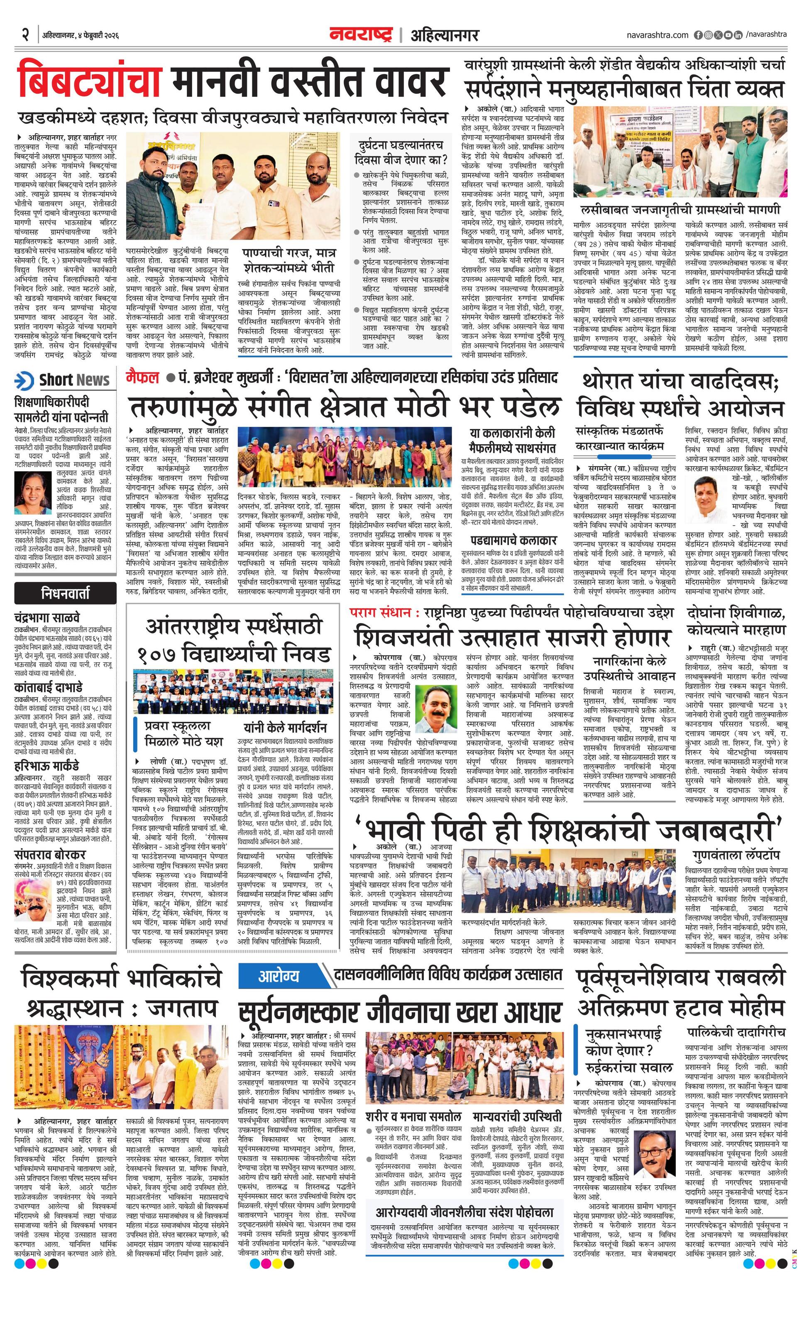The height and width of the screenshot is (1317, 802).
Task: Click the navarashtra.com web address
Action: (x=658, y=35)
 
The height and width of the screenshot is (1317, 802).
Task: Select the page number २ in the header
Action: (x=24, y=35)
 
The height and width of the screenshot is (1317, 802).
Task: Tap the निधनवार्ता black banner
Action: (x=65, y=593)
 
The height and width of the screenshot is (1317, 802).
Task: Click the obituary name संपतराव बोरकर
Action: (x=50, y=854)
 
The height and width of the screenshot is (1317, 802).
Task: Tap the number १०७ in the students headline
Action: (x=158, y=654)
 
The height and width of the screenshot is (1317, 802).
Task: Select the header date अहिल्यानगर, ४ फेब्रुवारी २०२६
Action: (x=80, y=35)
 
